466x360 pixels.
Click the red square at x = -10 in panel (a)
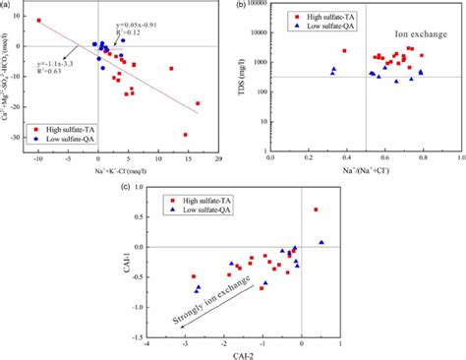(39, 21)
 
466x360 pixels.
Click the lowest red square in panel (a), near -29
(185, 135)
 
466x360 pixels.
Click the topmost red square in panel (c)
(316, 210)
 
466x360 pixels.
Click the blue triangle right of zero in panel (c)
(320, 242)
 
